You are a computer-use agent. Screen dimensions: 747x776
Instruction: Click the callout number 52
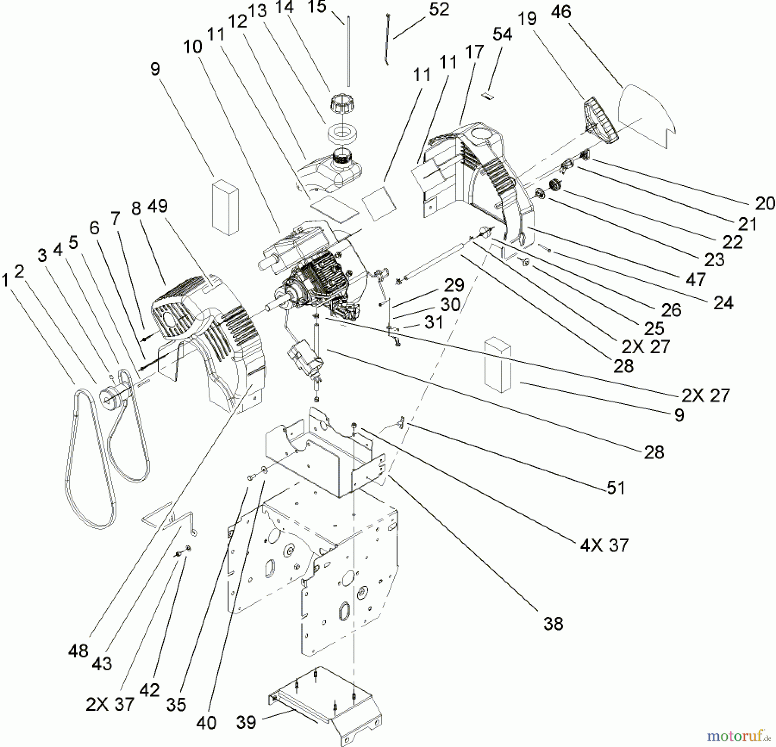click(x=439, y=9)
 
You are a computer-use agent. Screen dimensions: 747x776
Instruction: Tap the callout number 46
click(x=561, y=12)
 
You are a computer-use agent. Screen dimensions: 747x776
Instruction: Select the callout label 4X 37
click(x=604, y=545)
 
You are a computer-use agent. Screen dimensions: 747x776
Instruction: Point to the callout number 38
click(x=553, y=623)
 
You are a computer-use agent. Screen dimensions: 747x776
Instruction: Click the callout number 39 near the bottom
click(x=246, y=722)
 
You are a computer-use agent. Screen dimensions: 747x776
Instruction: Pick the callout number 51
click(x=616, y=488)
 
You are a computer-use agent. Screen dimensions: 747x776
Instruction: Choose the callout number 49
click(x=157, y=206)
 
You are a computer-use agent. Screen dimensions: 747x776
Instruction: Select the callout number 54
click(x=502, y=34)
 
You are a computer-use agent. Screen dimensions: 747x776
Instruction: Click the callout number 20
click(x=765, y=203)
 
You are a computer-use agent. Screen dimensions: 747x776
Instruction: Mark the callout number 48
click(x=78, y=651)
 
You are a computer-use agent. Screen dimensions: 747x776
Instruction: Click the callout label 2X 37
click(x=110, y=704)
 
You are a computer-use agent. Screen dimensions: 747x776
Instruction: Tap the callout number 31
click(x=434, y=323)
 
